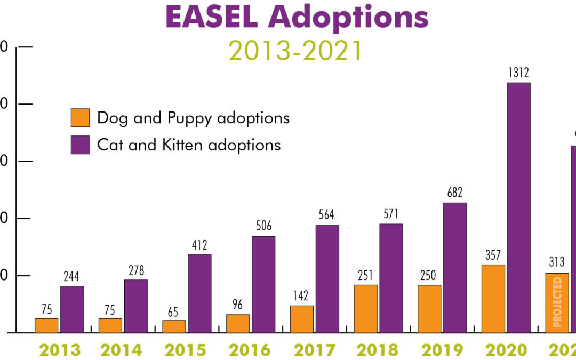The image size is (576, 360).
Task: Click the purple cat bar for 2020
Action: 518,208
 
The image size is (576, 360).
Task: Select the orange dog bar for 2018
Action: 365,309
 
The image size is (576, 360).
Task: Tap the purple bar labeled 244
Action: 71,309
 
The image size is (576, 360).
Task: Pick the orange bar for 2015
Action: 174,326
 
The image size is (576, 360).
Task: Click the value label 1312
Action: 518,73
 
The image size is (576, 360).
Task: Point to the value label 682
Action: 454,193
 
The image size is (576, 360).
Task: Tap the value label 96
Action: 237,305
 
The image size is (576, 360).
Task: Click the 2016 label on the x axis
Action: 250,350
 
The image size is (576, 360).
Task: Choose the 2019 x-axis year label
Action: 442,350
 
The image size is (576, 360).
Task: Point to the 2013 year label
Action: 59,350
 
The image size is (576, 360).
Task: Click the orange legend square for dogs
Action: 80,118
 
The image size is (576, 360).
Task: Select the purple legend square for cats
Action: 80,145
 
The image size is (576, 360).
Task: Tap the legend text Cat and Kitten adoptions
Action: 189,145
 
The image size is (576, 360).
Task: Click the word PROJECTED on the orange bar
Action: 558,302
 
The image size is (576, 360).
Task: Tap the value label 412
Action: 199,245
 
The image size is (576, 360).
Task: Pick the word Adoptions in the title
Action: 348,17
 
